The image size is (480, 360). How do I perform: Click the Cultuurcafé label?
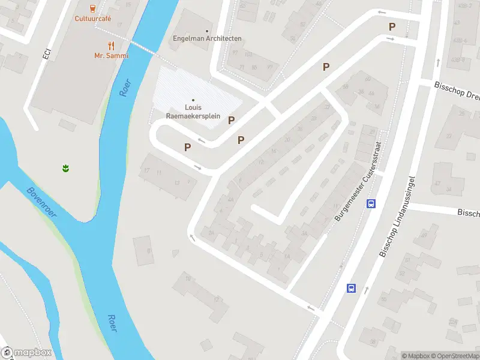[92, 18]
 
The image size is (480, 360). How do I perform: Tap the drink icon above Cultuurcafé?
[92, 8]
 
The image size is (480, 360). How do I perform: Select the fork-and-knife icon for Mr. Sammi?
[111, 46]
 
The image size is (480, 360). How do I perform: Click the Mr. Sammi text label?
[111, 55]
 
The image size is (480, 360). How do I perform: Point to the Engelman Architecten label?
[207, 38]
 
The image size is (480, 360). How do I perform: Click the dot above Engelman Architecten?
[207, 31]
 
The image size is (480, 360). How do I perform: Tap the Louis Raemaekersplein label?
[193, 111]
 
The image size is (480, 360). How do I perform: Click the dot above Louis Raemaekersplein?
[193, 100]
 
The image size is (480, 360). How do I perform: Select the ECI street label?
[46, 53]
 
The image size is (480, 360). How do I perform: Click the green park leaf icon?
[65, 169]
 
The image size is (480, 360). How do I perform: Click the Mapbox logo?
[26, 353]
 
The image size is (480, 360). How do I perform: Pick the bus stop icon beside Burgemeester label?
[371, 203]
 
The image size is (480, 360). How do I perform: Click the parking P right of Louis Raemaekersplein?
[231, 120]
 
